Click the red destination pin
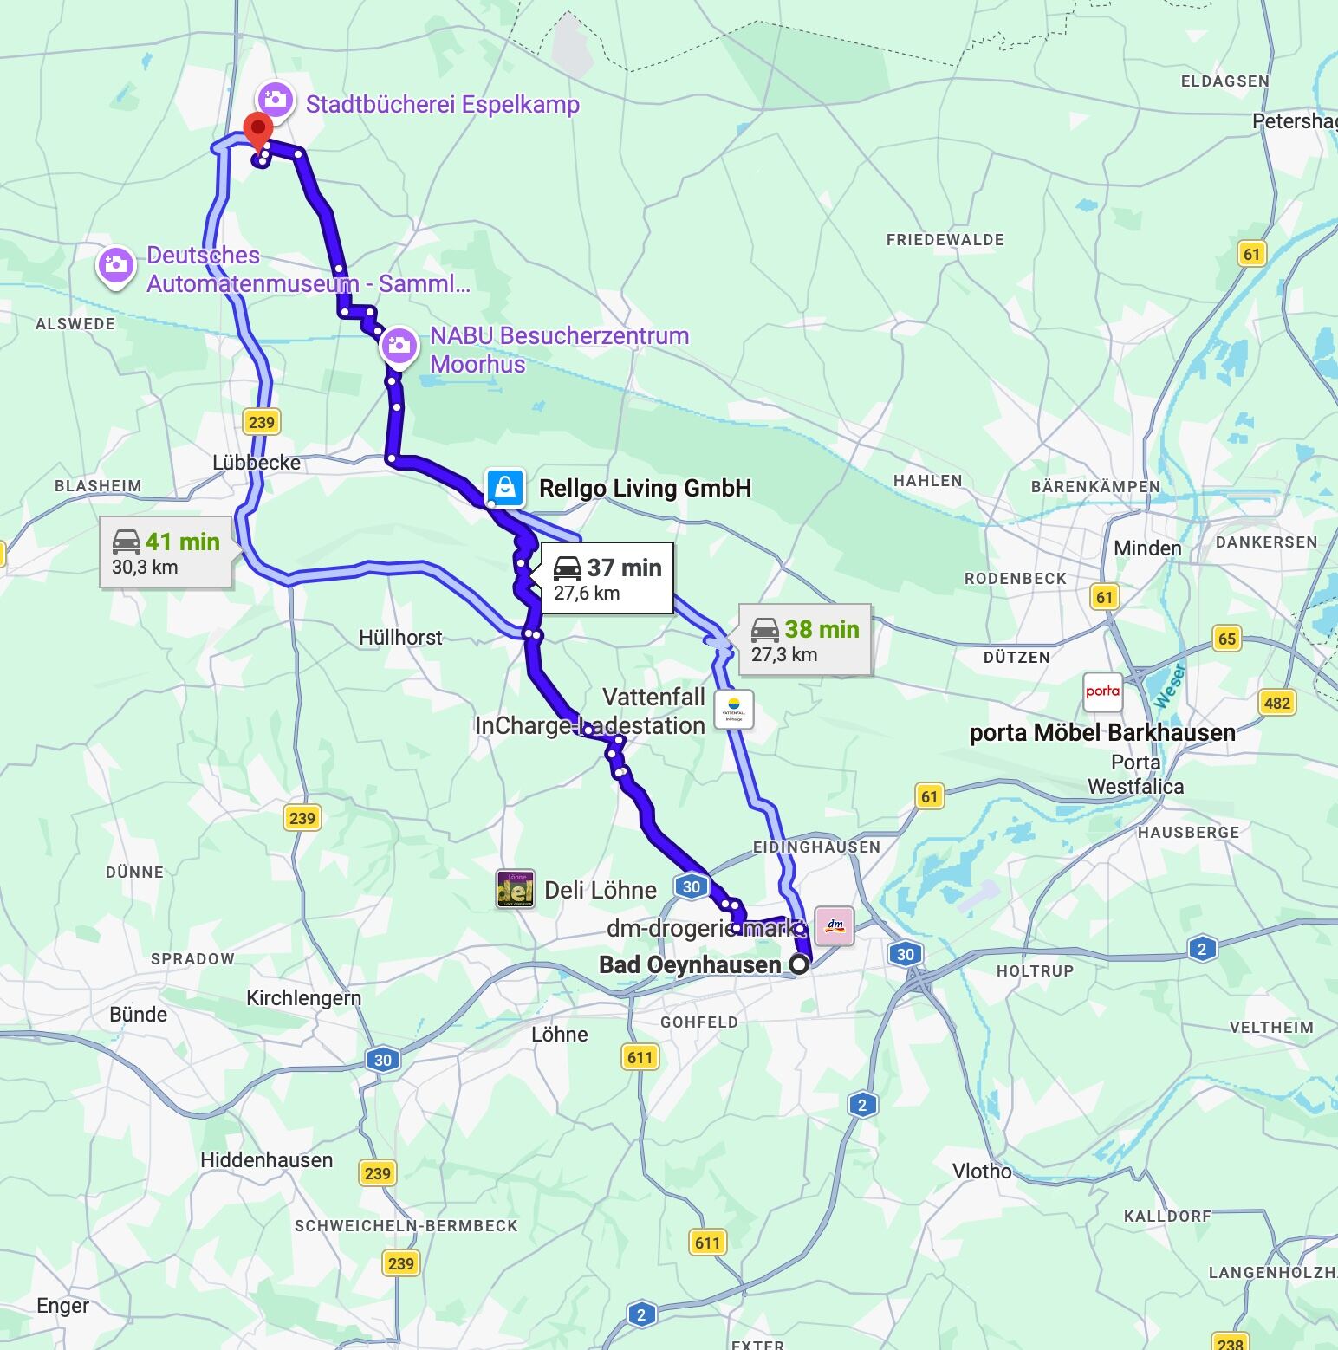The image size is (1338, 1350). (x=257, y=131)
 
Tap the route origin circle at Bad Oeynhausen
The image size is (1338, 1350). (x=799, y=964)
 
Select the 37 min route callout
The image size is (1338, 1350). (x=607, y=579)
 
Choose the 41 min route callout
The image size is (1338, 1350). (x=166, y=553)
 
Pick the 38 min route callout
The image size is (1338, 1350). (x=804, y=640)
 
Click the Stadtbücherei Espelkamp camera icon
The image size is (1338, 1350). (x=276, y=101)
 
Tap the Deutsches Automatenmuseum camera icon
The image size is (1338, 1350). (x=115, y=265)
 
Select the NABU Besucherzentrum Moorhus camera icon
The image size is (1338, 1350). (x=399, y=346)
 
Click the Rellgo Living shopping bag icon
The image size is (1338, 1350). (x=505, y=487)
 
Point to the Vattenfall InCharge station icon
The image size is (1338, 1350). (x=733, y=709)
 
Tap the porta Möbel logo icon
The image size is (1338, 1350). (x=1102, y=691)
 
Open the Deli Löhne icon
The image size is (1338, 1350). (x=515, y=890)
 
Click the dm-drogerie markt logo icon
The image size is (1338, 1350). (x=835, y=925)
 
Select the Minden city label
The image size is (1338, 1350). (x=1147, y=548)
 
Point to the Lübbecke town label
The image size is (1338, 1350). (x=257, y=463)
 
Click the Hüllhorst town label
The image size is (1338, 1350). (x=400, y=638)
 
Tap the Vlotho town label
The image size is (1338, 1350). (x=982, y=1172)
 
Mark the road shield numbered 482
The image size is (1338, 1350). (x=1276, y=703)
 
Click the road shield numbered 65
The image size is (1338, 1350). (x=1227, y=639)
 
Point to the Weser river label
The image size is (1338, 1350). (x=1168, y=685)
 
